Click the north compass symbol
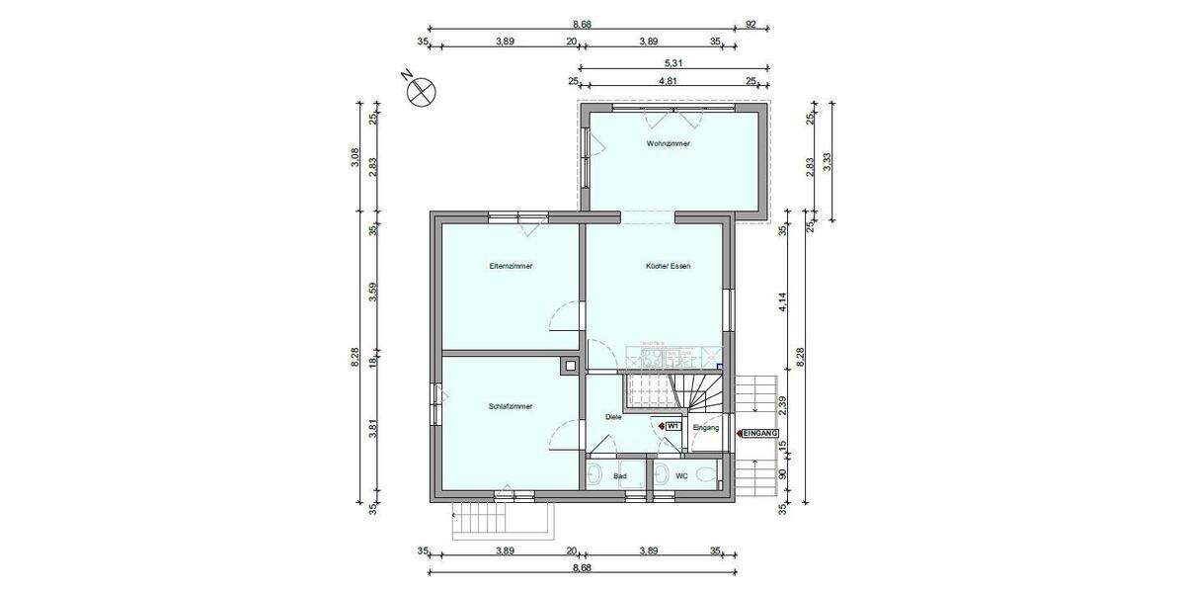click(x=422, y=90)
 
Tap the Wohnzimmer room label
click(x=668, y=143)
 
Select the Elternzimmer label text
click(x=511, y=266)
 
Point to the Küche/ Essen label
click(x=668, y=266)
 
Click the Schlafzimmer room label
click(x=511, y=406)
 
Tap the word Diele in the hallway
click(x=613, y=418)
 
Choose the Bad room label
click(x=620, y=476)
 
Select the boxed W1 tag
click(x=671, y=426)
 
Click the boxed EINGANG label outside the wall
click(x=760, y=433)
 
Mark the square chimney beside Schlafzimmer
click(x=569, y=367)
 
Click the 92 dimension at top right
click(x=750, y=24)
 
